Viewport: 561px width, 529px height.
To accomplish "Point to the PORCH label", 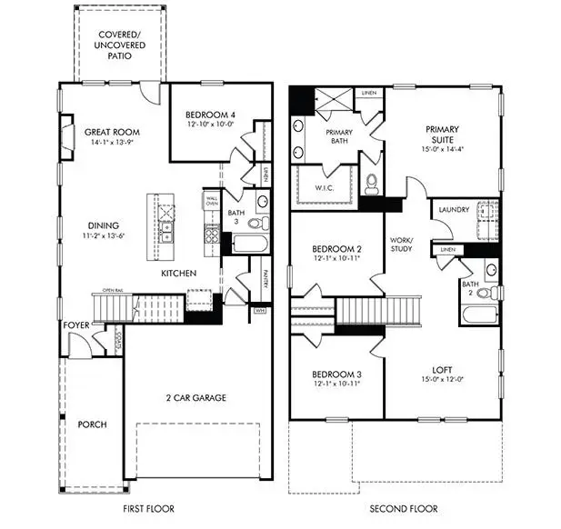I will [93, 424].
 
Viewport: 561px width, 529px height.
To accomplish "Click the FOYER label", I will [75, 324].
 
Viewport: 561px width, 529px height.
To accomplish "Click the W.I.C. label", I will [326, 188].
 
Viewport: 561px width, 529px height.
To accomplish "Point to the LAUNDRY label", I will [454, 210].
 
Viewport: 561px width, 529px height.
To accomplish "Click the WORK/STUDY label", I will [401, 244].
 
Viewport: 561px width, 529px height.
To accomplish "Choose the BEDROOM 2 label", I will [337, 249].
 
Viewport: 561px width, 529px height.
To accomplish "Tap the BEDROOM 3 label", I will [337, 374].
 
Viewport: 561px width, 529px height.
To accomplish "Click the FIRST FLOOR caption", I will [148, 509].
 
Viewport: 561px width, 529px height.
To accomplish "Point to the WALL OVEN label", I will [211, 201].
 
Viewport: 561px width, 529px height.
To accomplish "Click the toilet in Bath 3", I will [254, 223].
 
